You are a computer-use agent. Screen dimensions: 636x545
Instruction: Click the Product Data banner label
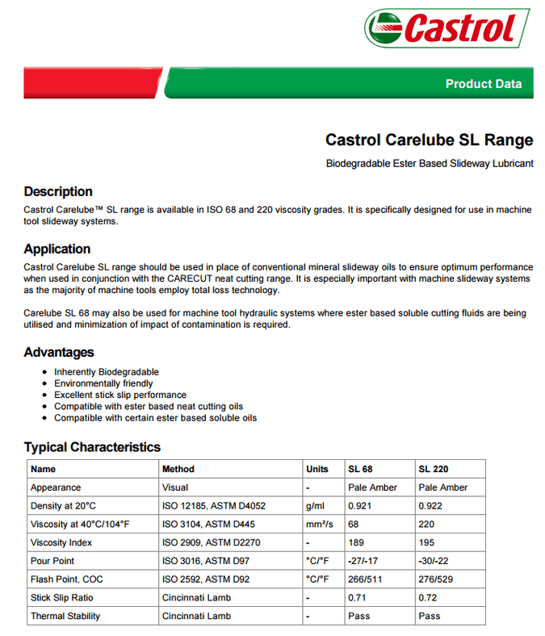click(483, 84)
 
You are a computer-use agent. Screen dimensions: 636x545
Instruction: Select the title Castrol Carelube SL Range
click(429, 140)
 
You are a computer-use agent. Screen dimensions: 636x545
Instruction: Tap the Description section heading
click(58, 192)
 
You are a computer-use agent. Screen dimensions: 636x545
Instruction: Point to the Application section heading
click(57, 249)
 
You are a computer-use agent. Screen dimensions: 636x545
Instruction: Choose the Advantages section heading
click(58, 352)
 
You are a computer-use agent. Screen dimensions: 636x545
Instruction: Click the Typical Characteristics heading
click(92, 447)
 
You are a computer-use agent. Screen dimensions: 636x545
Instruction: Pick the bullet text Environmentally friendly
click(103, 383)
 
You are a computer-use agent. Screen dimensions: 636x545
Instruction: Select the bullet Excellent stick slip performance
click(120, 395)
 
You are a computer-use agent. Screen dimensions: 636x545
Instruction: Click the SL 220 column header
click(434, 469)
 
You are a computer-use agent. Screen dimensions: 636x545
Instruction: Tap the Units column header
click(317, 469)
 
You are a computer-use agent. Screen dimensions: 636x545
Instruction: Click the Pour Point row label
click(52, 561)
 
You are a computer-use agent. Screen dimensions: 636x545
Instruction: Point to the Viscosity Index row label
click(61, 542)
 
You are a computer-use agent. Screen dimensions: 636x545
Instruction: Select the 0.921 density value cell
click(359, 506)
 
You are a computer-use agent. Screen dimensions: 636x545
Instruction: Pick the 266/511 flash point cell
click(365, 580)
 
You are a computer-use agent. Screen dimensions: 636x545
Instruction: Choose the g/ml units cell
click(314, 506)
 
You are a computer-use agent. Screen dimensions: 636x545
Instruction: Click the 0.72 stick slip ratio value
click(429, 598)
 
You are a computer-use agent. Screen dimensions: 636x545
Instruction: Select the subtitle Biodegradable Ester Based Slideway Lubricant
click(429, 164)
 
